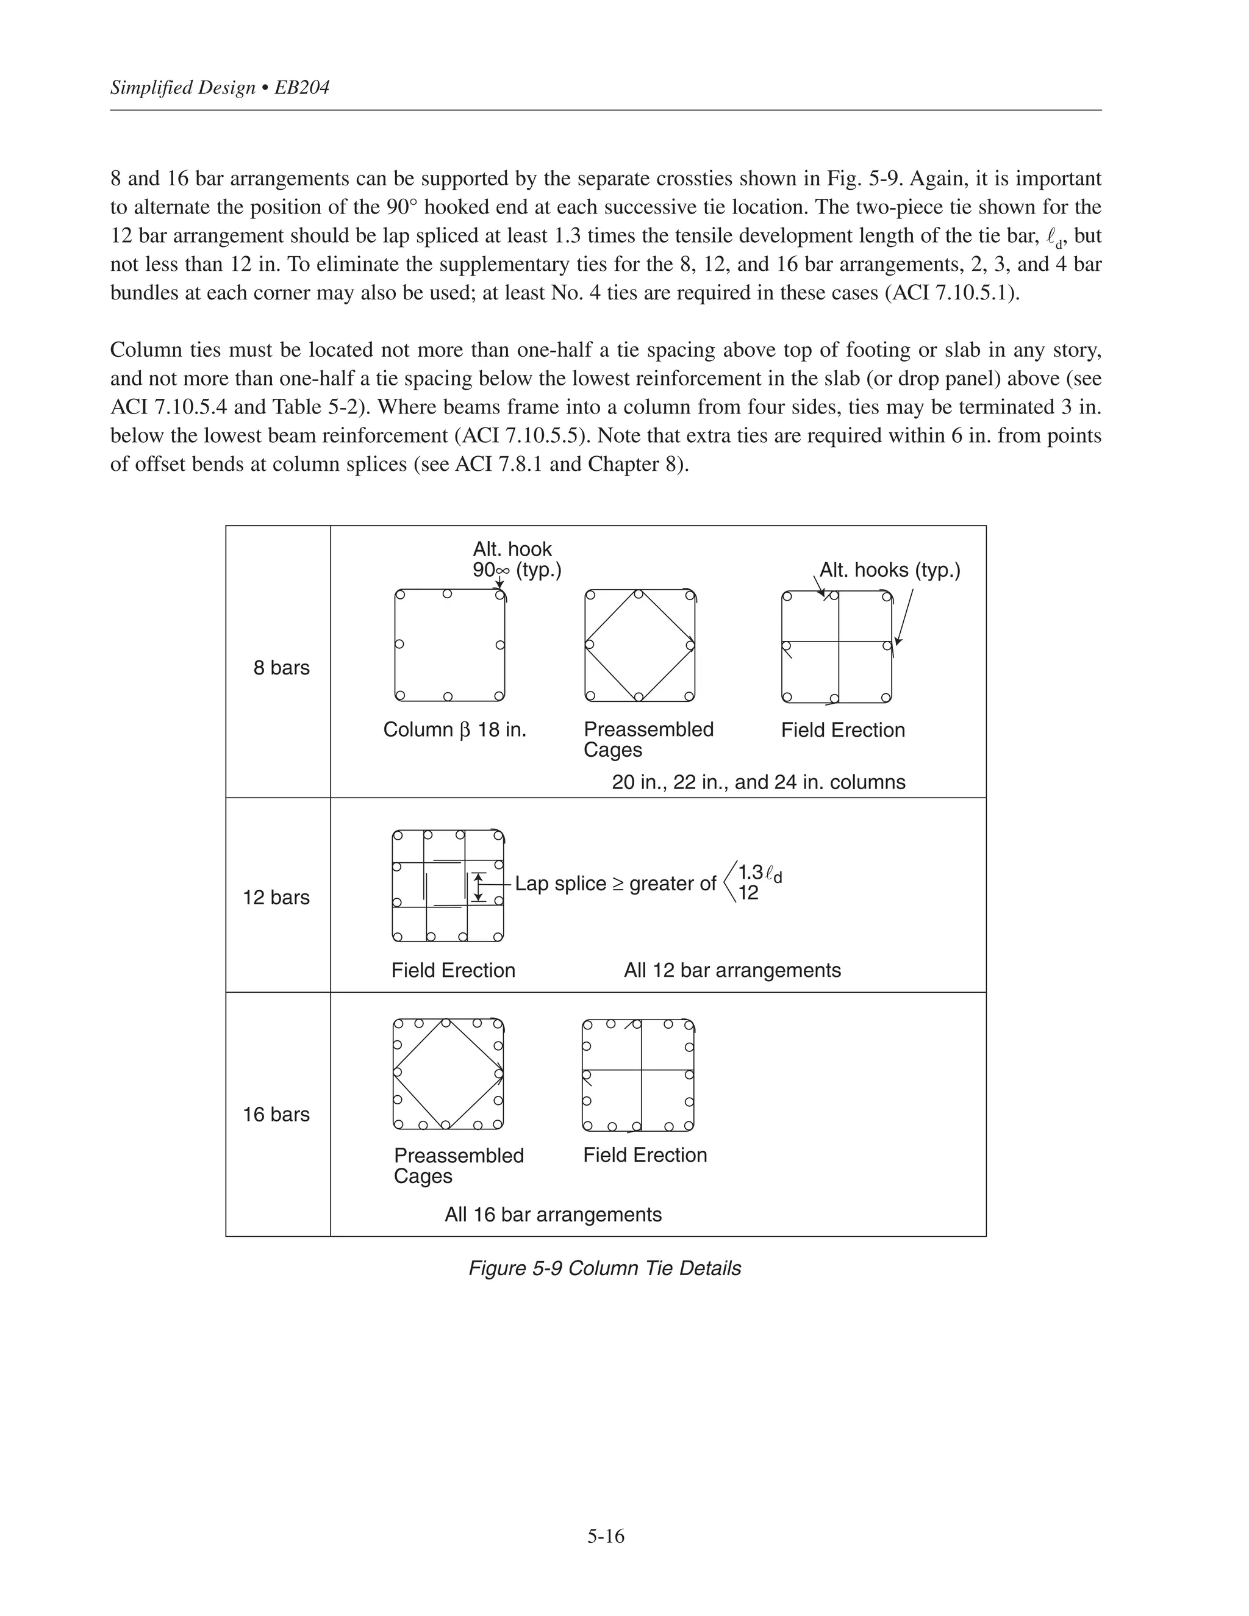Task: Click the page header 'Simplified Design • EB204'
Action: point(220,88)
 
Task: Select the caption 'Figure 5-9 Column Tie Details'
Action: point(604,1268)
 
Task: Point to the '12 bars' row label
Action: point(276,897)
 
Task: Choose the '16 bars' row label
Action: point(276,1114)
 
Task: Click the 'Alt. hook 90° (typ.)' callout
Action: point(517,559)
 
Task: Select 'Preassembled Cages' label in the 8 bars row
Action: point(648,739)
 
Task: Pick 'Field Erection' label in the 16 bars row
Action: point(645,1154)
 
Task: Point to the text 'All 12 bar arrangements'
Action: point(732,970)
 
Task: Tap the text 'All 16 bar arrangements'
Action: point(553,1214)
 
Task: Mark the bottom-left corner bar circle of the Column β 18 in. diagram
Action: point(400,696)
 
